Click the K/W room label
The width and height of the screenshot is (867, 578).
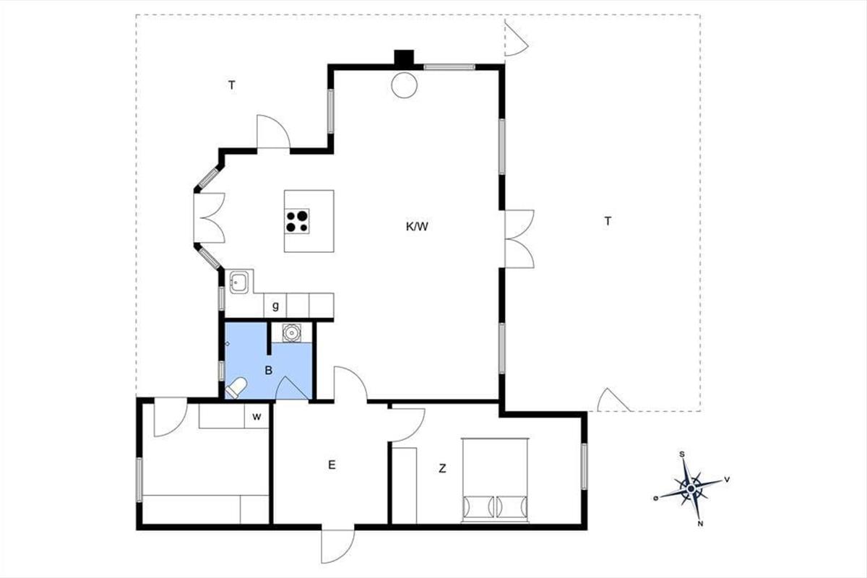[x=417, y=226]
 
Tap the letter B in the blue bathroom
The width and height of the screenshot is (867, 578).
[x=269, y=371]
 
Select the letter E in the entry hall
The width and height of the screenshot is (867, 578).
[x=332, y=465]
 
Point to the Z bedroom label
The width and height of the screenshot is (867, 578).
[x=442, y=468]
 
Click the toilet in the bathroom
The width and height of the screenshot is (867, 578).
[x=236, y=388]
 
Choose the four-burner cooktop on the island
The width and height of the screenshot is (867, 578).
[x=297, y=221]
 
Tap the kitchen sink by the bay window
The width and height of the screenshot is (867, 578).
[x=239, y=282]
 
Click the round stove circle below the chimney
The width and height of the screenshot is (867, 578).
[x=404, y=85]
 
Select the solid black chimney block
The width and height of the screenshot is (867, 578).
[x=404, y=57]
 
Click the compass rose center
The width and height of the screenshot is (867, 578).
[x=691, y=489]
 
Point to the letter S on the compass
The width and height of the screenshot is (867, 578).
[x=682, y=454]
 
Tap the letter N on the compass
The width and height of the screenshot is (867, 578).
[x=700, y=524]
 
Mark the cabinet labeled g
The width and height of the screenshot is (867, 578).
[x=275, y=306]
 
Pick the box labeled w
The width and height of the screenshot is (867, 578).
[x=256, y=417]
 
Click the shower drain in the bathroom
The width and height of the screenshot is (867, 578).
[x=291, y=332]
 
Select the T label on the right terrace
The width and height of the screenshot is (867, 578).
[x=608, y=221]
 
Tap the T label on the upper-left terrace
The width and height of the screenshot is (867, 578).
[x=231, y=85]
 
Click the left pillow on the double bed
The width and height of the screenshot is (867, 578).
[x=479, y=506]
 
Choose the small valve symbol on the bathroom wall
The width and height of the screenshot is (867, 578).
[x=228, y=344]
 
